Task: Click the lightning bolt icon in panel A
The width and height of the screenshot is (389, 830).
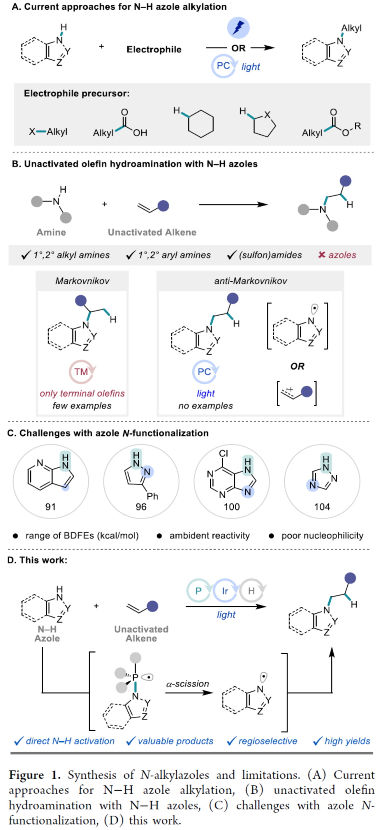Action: click(238, 27)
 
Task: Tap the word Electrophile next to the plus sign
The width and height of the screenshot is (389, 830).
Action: click(154, 49)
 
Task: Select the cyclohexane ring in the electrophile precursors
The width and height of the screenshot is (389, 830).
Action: click(201, 124)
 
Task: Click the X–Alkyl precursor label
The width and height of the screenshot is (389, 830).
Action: click(48, 132)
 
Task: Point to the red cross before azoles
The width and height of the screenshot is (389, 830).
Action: click(322, 255)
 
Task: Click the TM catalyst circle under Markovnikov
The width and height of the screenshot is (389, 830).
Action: click(81, 372)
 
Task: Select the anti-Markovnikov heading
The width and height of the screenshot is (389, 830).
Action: click(251, 281)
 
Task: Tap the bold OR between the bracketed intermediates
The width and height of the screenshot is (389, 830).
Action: click(297, 366)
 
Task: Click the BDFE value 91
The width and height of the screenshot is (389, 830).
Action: click(51, 507)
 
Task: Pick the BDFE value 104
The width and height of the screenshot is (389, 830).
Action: click(322, 507)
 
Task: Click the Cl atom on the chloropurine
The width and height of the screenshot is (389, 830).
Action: click(224, 453)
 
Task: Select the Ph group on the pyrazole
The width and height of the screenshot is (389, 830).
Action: click(152, 496)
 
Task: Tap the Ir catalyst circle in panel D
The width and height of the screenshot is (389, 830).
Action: click(225, 591)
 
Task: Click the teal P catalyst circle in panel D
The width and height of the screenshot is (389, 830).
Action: click(198, 591)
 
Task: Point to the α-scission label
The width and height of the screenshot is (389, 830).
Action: click(188, 684)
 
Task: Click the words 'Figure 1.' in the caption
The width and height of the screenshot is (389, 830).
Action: click(35, 775)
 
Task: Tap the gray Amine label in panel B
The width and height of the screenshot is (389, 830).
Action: click(51, 232)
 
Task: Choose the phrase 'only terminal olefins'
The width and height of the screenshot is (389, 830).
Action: click(82, 393)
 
